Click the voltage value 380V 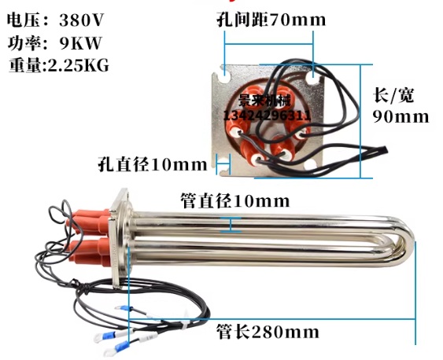click(x=82, y=20)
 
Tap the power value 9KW click(x=80, y=43)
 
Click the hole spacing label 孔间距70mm click(x=271, y=20)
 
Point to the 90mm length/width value click(x=401, y=116)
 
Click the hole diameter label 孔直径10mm click(x=153, y=164)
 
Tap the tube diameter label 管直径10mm click(x=235, y=201)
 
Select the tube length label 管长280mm click(x=268, y=332)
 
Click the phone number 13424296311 click(x=268, y=116)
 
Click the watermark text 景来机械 click(x=264, y=100)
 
